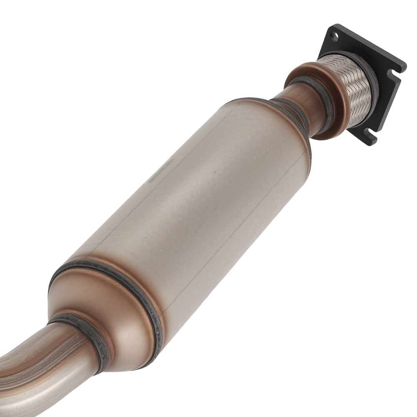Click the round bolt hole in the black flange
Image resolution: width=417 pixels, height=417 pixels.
point(334,35)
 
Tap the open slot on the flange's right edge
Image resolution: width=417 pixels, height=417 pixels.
point(392,75)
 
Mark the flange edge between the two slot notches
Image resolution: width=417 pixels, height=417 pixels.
point(384,108)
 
